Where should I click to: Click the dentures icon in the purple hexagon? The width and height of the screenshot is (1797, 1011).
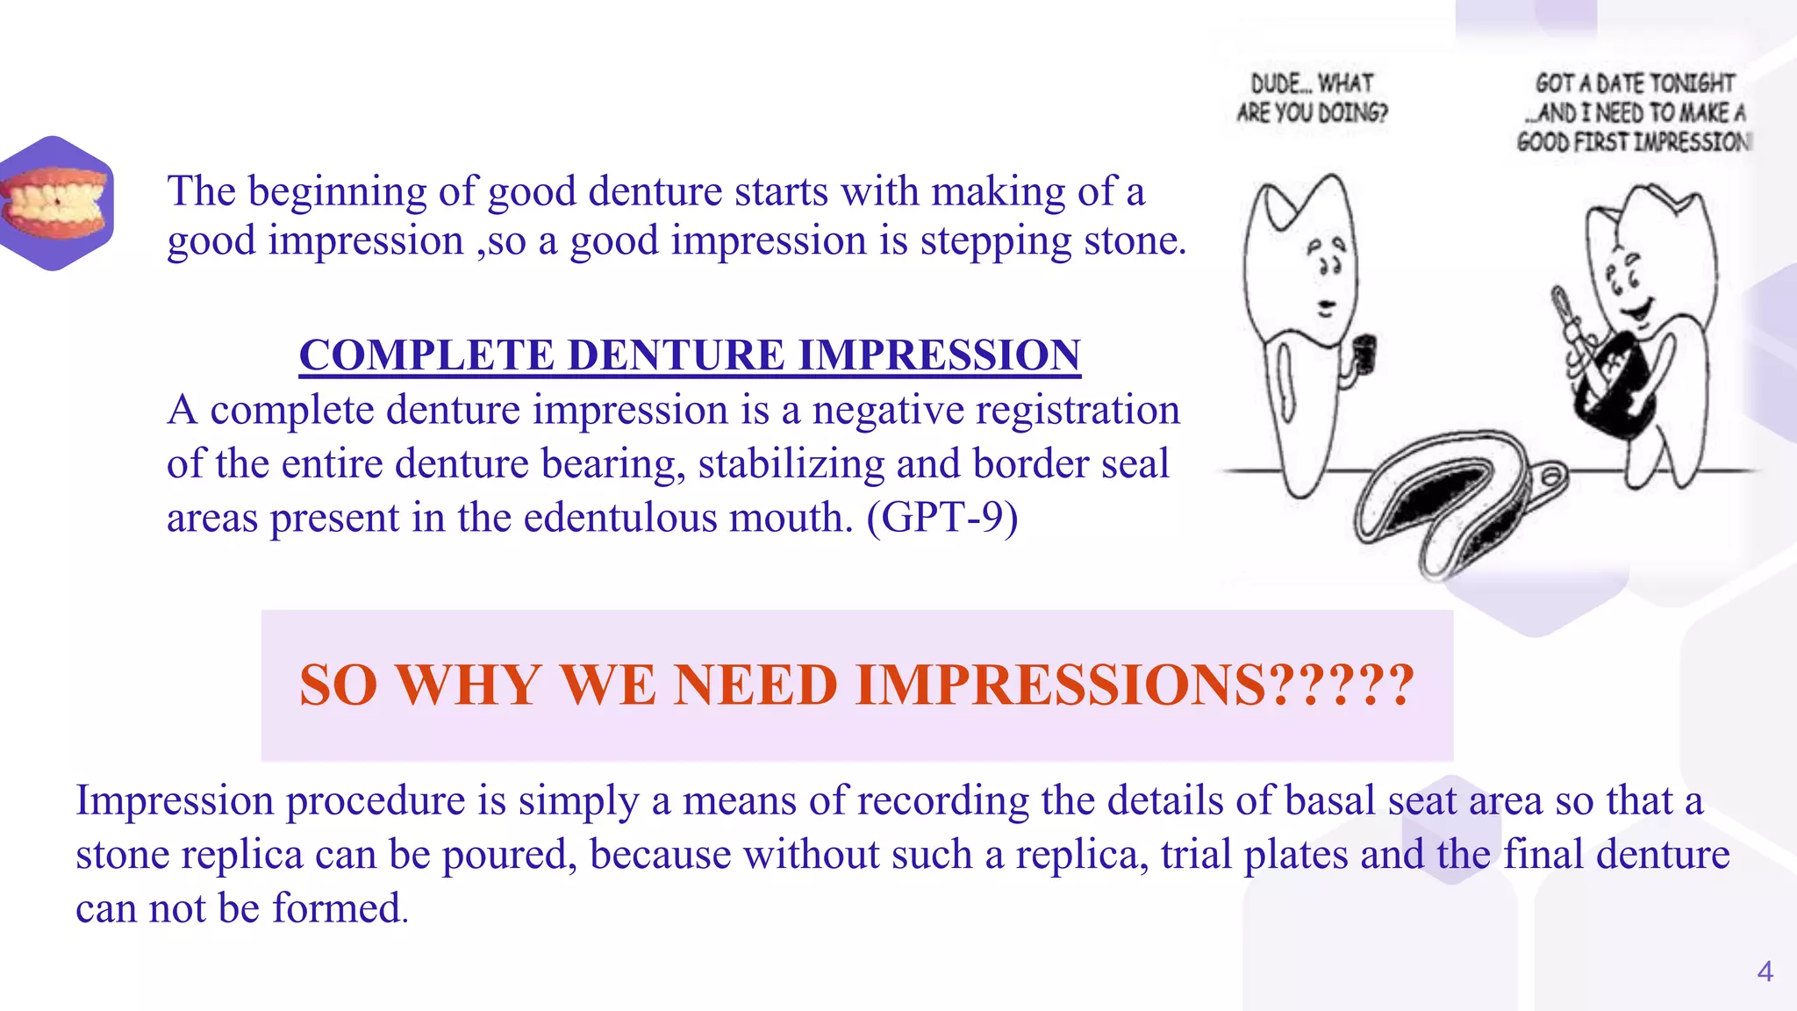(56, 203)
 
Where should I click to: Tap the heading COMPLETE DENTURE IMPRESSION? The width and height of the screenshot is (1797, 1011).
(690, 355)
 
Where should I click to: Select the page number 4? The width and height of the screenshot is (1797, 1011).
(1765, 972)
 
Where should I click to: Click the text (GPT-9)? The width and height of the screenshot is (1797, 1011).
(942, 517)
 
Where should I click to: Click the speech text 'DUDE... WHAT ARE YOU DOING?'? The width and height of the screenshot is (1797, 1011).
(1312, 97)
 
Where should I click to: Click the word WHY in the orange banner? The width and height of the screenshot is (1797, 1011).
(469, 685)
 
